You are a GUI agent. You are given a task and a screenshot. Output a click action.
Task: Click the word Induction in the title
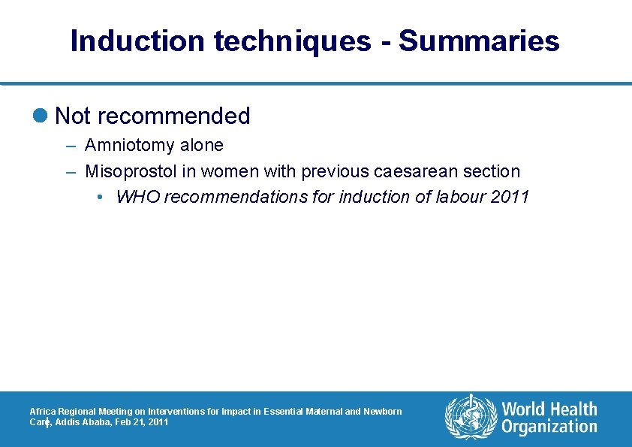tap(137, 41)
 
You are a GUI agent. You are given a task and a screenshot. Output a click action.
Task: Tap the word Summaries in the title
tap(479, 41)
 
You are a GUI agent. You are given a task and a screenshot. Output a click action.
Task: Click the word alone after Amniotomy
tap(200, 145)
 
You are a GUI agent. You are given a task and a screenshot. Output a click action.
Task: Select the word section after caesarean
tap(492, 171)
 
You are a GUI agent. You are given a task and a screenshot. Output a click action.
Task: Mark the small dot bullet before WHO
tap(101, 198)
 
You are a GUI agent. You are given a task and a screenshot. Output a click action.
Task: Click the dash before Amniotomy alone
tap(71, 146)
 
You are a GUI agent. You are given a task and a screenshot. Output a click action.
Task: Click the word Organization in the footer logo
tap(549, 427)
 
